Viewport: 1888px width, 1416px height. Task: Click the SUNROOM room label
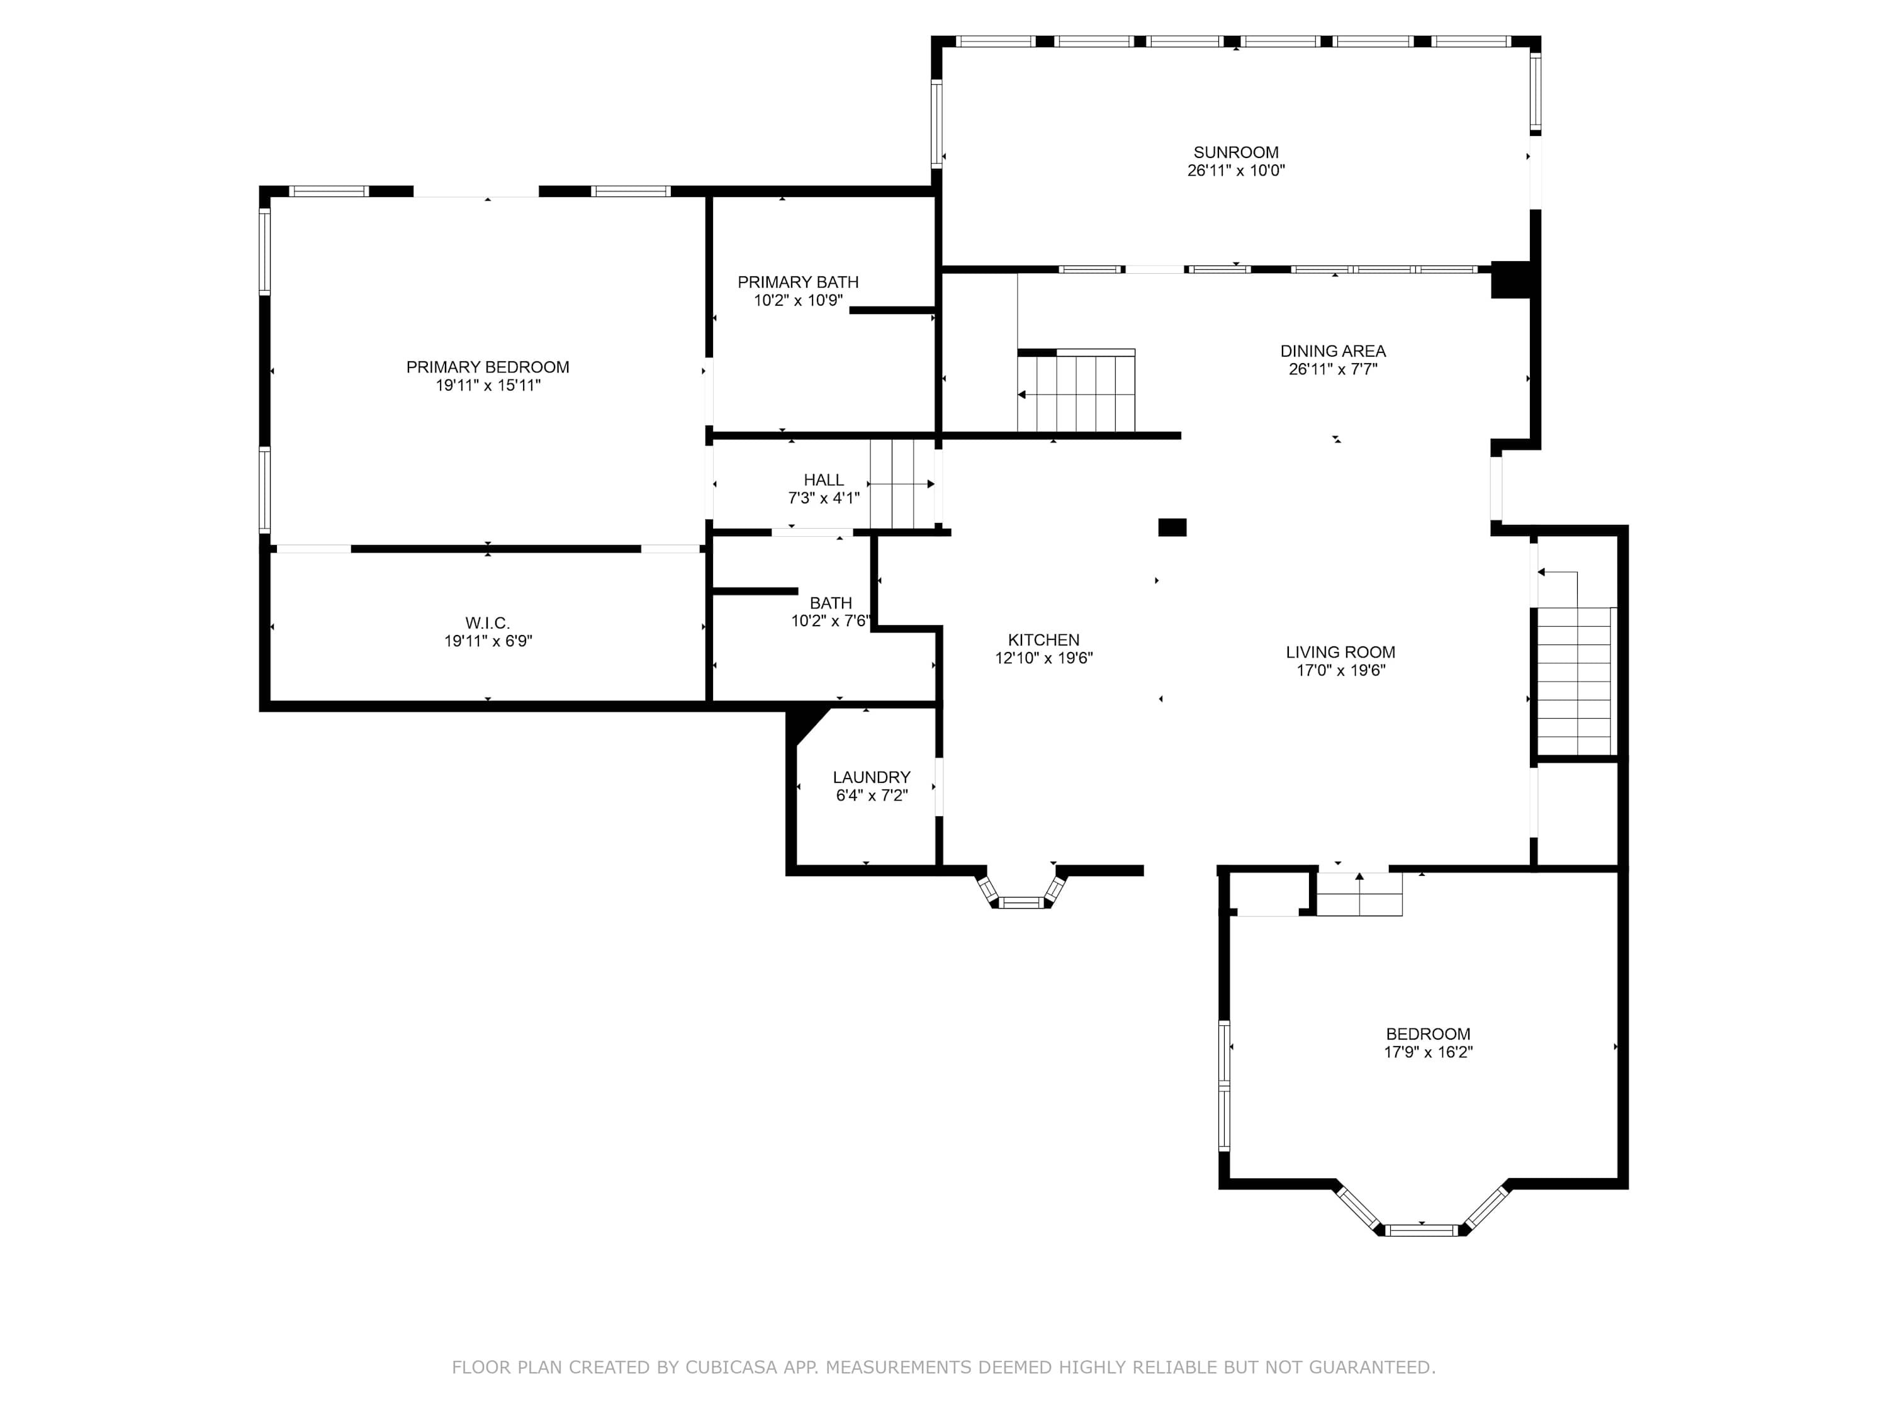(x=1236, y=153)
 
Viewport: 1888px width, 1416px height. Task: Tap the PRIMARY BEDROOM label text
(x=487, y=367)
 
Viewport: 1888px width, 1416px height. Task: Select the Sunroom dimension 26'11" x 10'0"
(x=1236, y=171)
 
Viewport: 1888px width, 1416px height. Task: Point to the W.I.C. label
(x=487, y=623)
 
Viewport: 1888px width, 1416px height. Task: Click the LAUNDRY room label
(x=872, y=778)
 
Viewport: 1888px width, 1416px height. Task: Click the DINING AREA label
(x=1333, y=351)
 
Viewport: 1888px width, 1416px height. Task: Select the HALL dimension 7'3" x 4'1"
(x=824, y=498)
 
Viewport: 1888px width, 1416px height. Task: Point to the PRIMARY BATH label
(x=798, y=282)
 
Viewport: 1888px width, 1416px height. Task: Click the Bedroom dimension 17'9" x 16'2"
(x=1429, y=1052)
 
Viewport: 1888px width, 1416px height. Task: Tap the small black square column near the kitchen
(x=1172, y=527)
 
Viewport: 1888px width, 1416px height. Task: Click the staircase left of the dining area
(x=1076, y=392)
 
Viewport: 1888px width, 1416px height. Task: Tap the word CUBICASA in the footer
(x=731, y=1368)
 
